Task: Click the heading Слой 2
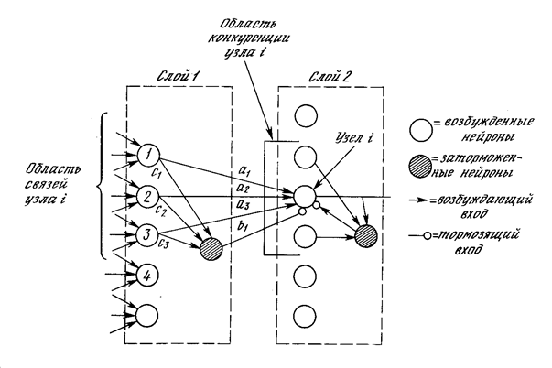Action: [316, 73]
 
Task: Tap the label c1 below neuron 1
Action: [157, 171]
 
